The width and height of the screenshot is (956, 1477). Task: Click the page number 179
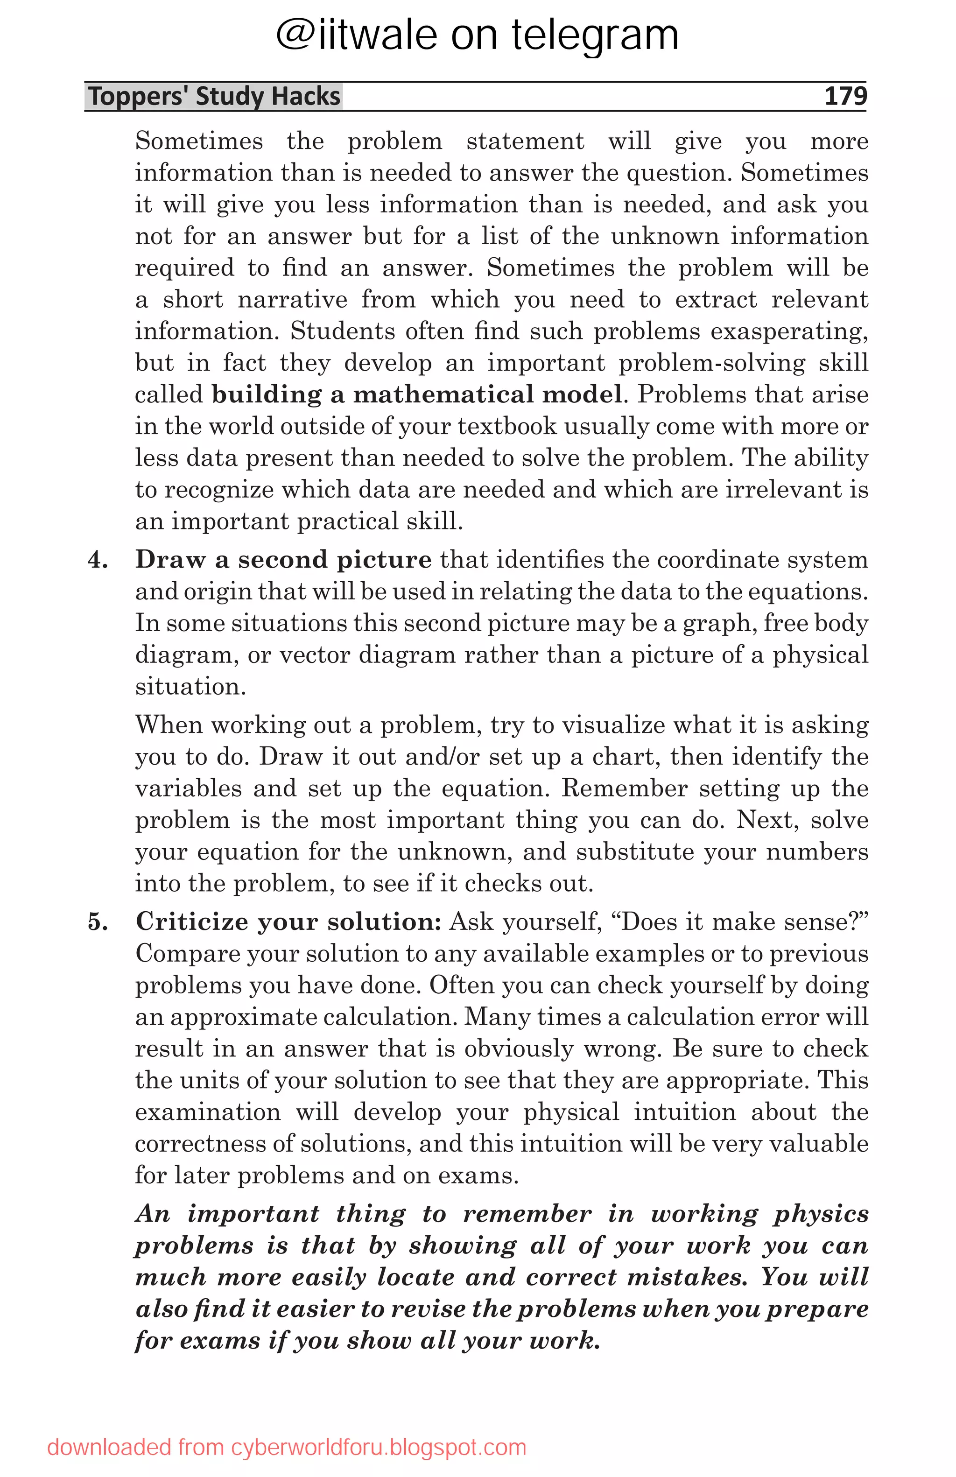coord(845,96)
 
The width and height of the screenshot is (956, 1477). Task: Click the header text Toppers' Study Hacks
coord(214,97)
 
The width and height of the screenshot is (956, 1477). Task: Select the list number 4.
coord(98,560)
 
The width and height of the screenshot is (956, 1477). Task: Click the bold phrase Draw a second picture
coord(283,560)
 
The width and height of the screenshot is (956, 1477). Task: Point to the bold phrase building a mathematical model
coord(416,395)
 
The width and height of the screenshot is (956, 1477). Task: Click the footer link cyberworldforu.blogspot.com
coord(379,1447)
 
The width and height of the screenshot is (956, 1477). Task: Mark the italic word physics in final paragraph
coord(820,1214)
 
